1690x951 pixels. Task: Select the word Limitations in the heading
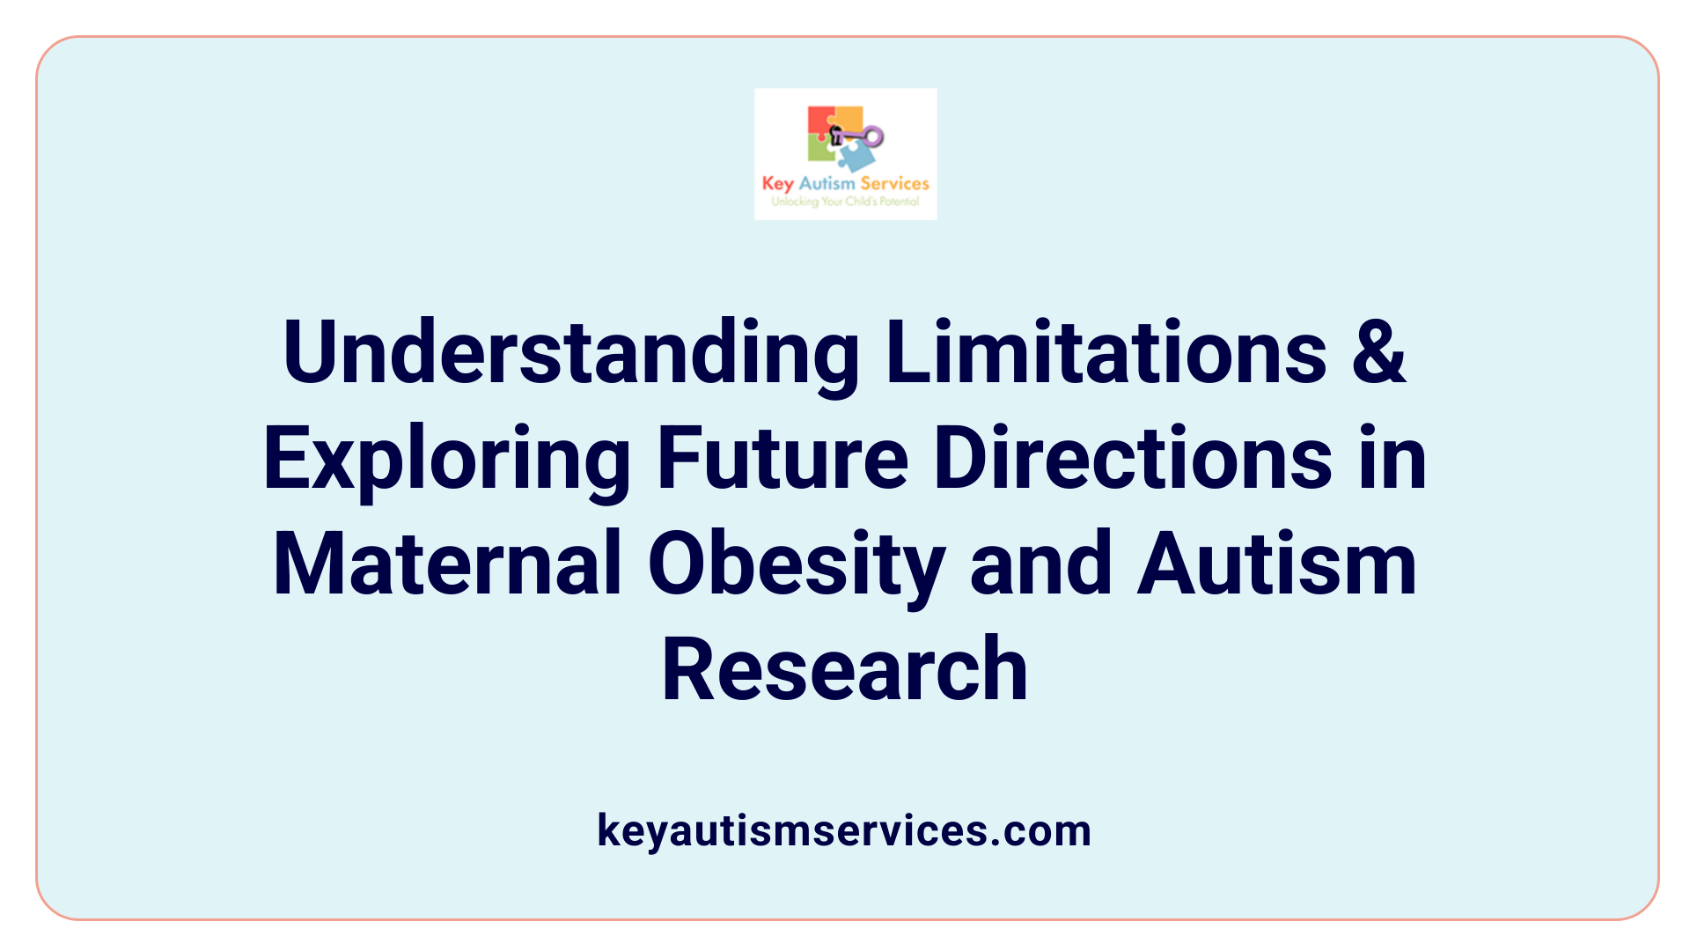pyautogui.click(x=1106, y=352)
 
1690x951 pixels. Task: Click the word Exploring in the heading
pyautogui.click(x=447, y=459)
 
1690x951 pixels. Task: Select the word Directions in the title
pyautogui.click(x=1133, y=459)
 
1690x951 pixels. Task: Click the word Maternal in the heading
pyautogui.click(x=449, y=564)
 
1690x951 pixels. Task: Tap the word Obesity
pyautogui.click(x=797, y=564)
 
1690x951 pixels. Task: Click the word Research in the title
pyautogui.click(x=845, y=670)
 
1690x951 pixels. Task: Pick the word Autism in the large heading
pyautogui.click(x=1277, y=564)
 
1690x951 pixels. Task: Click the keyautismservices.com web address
pyautogui.click(x=844, y=830)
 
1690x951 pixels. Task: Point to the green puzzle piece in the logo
pyautogui.click(x=820, y=151)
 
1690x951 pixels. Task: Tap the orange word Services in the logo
pyautogui.click(x=894, y=183)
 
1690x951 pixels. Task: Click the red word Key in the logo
pyautogui.click(x=778, y=183)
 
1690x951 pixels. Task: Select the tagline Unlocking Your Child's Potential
pyautogui.click(x=845, y=202)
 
